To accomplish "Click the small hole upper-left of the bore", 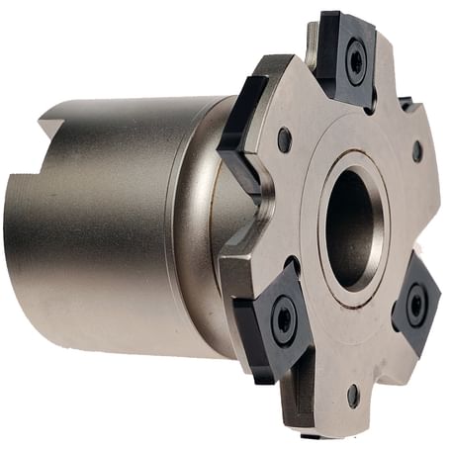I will [x=285, y=139].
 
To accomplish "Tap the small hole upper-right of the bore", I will [x=416, y=151].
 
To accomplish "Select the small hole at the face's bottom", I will [x=353, y=395].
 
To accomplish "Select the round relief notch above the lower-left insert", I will [x=294, y=264].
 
